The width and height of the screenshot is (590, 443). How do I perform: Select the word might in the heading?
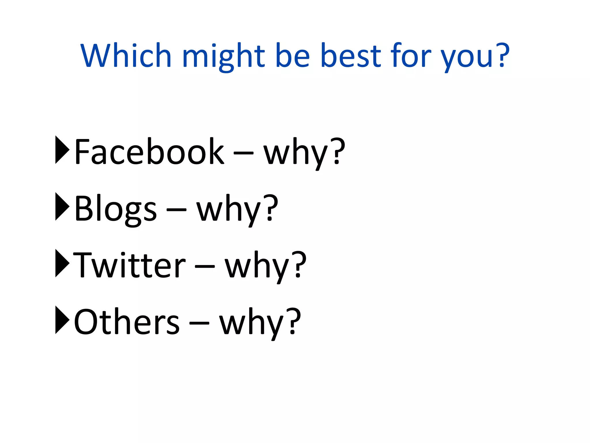pyautogui.click(x=224, y=57)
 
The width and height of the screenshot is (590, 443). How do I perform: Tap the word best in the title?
pyautogui.click(x=351, y=55)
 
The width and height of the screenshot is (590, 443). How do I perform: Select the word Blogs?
pyautogui.click(x=116, y=209)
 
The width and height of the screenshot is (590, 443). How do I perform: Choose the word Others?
pyautogui.click(x=127, y=322)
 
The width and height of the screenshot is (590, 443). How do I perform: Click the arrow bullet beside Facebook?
pyautogui.click(x=62, y=150)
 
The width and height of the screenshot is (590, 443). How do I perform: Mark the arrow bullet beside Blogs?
pyautogui.click(x=62, y=207)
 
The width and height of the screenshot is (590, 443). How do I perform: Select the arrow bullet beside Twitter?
pyautogui.click(x=62, y=263)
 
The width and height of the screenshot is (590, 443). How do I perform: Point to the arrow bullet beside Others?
pyautogui.click(x=62, y=320)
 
